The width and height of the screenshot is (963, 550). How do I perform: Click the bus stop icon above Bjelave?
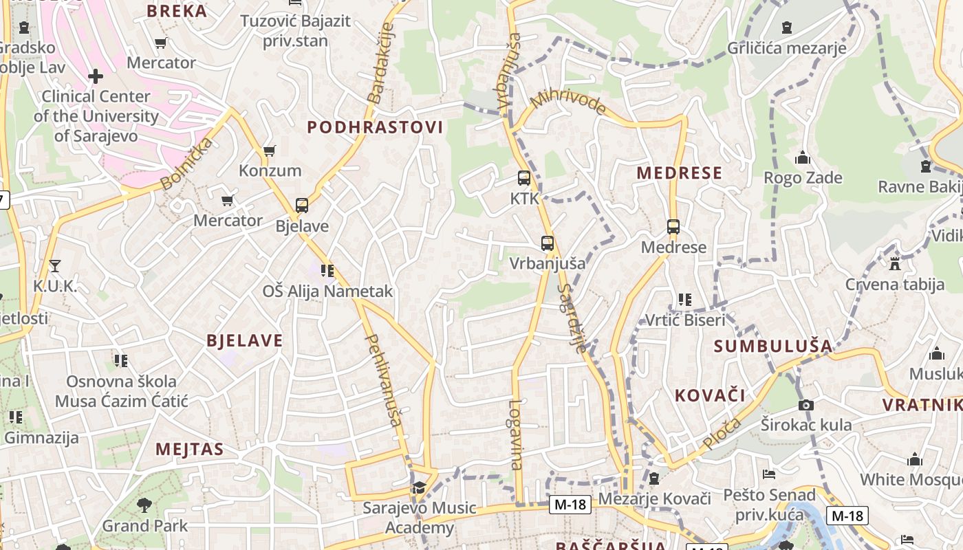(301, 206)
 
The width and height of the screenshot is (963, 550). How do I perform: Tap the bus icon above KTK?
(523, 178)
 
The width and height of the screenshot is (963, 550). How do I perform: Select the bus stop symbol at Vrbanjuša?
(548, 243)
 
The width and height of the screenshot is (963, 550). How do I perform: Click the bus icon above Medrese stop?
(673, 227)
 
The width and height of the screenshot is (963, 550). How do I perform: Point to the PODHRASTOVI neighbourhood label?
(375, 127)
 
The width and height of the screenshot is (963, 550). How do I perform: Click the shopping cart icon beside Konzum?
(270, 151)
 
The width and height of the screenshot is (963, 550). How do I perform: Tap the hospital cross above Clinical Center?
(96, 76)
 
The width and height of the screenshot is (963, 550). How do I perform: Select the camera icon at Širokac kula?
(806, 405)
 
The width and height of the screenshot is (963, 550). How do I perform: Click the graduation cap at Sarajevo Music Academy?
(418, 488)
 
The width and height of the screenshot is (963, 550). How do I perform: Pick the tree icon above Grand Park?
(144, 506)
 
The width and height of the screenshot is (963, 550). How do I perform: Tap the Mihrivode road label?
(568, 102)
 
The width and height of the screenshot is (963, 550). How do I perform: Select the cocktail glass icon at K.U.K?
(55, 265)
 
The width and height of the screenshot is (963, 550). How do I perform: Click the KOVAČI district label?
(710, 395)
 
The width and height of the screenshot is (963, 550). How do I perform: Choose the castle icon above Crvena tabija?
(894, 263)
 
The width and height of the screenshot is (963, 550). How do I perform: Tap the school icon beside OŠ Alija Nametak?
(327, 271)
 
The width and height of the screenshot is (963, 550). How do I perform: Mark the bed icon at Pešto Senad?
(769, 474)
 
